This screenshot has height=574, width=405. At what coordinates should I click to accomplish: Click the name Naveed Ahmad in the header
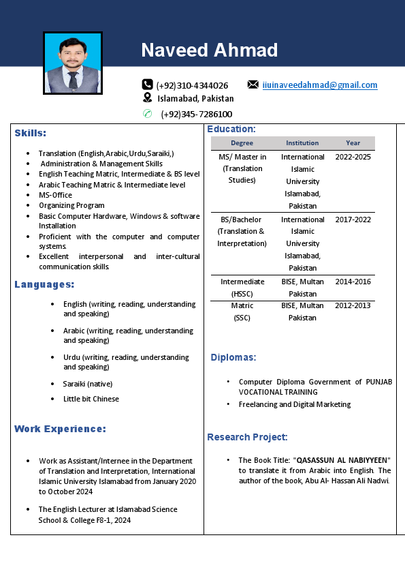point(209,50)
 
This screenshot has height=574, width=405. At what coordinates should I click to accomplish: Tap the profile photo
point(73,63)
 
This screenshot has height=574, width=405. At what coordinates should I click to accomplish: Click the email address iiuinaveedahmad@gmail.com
point(320,85)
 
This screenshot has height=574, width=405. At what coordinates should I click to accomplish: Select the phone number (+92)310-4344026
point(192,85)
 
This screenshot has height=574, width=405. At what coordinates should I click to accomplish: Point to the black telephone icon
point(147,85)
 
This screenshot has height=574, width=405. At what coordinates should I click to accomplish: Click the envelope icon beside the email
point(253,85)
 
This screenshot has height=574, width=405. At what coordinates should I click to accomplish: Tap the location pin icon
point(147,98)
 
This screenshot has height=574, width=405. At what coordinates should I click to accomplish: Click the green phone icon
point(147,113)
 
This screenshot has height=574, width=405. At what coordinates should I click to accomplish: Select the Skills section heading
point(31,133)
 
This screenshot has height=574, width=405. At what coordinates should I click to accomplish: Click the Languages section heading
point(44,284)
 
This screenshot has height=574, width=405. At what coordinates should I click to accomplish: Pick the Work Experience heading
point(60,429)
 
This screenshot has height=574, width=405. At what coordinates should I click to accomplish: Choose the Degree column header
point(242,143)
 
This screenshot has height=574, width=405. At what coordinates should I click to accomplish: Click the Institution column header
point(302,143)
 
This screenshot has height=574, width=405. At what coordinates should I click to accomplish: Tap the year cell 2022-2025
point(353,157)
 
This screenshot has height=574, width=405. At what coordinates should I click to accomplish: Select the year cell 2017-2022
point(353,220)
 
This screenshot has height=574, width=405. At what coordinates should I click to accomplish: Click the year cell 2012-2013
point(353,305)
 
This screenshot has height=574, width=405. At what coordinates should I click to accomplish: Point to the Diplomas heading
point(233,357)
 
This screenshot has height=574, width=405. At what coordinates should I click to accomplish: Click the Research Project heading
point(247,437)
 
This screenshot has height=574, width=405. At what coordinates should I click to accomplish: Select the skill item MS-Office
point(55,195)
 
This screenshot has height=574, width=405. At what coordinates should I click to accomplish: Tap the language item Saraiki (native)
point(88,384)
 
